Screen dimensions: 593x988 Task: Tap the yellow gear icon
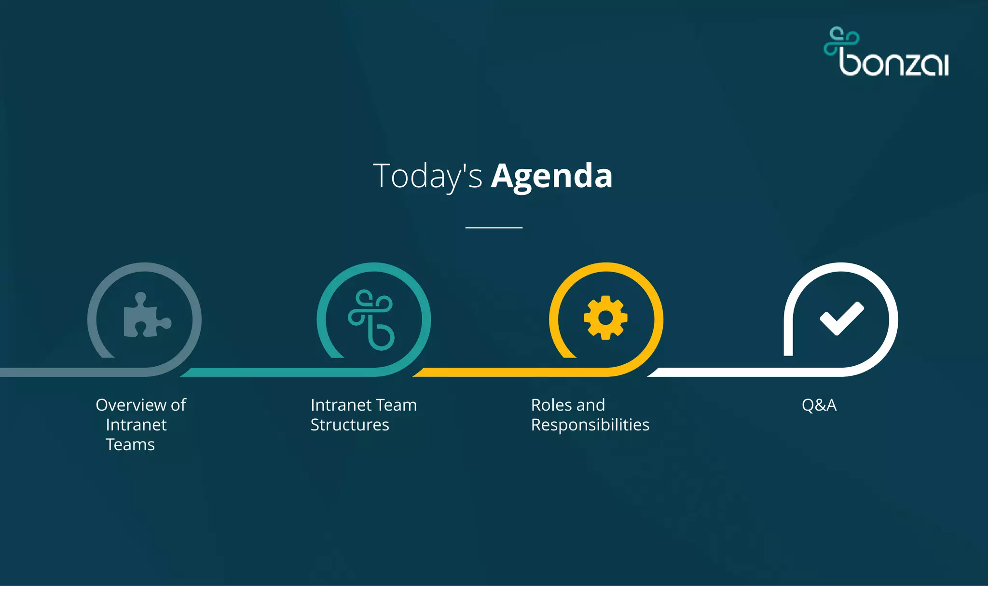point(605,318)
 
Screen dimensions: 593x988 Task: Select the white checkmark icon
point(842,318)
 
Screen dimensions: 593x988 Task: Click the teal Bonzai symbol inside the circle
point(371,319)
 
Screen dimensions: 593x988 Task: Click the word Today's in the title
point(427,176)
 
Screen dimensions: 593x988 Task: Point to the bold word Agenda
point(551,176)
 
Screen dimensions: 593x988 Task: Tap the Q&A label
point(819,405)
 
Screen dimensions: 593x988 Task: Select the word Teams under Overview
point(130,444)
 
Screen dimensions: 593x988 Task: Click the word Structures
point(350,425)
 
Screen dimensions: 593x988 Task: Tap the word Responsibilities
point(590,425)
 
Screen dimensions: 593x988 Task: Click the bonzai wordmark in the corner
point(894,63)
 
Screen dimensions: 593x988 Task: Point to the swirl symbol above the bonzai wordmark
point(840,41)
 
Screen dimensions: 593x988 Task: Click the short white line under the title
point(494,227)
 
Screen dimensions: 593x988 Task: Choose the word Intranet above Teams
point(136,425)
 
